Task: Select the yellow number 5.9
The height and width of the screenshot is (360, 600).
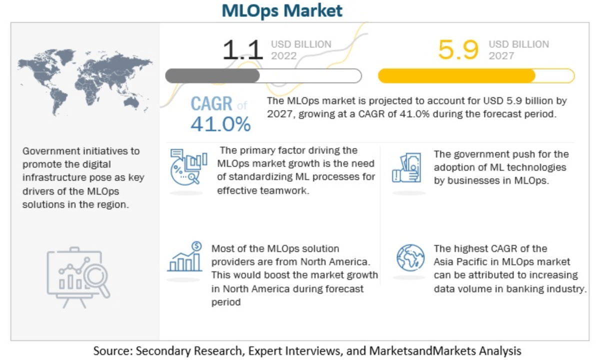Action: click(458, 50)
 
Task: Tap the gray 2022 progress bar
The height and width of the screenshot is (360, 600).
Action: click(263, 76)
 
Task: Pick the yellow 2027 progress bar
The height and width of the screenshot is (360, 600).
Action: click(476, 76)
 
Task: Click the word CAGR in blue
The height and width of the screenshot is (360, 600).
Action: click(211, 104)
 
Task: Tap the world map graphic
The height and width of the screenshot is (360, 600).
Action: click(84, 82)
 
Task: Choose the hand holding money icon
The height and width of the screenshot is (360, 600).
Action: click(408, 167)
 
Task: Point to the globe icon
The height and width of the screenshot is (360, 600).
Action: click(410, 257)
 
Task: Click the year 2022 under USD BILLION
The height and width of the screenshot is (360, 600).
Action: click(283, 56)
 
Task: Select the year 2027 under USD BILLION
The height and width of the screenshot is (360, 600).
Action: click(501, 56)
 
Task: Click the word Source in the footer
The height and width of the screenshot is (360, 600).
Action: click(111, 350)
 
